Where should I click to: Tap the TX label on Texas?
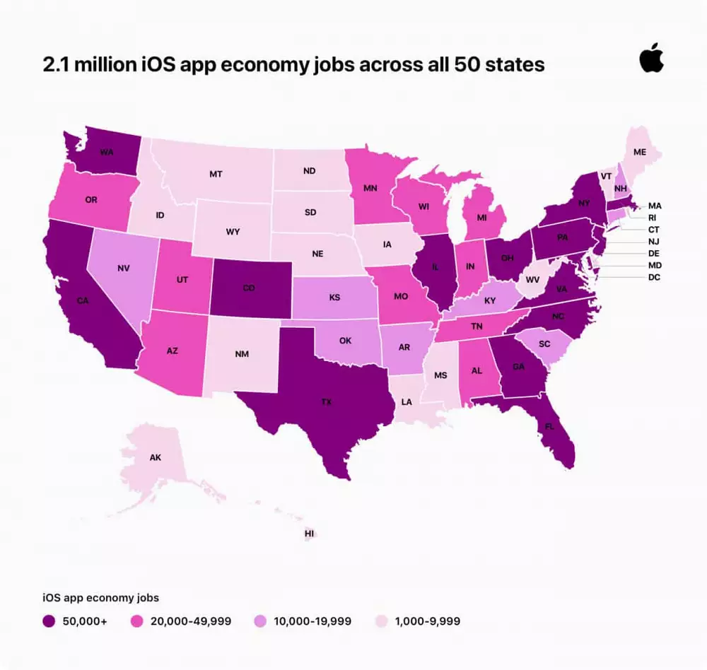coord(326,401)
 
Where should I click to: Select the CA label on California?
coord(83,301)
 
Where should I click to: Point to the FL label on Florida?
coord(549,426)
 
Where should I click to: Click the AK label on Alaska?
coord(156,458)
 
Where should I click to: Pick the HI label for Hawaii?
coord(309,534)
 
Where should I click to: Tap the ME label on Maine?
coord(640,152)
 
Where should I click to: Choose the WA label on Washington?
coord(107,151)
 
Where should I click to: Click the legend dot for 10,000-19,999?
coord(259,622)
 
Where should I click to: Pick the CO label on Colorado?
coord(248,288)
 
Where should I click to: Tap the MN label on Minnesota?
coord(369,189)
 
